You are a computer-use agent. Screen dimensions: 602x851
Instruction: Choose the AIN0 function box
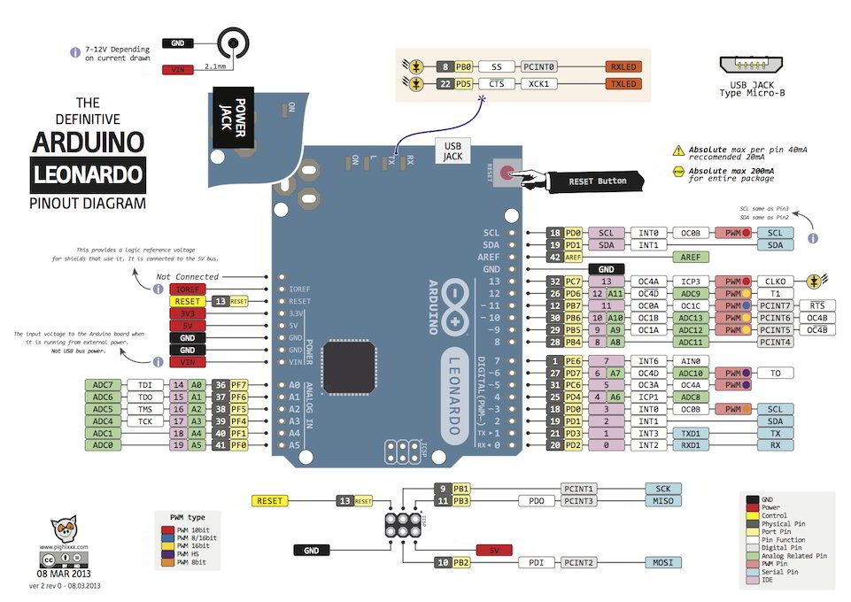[x=687, y=361]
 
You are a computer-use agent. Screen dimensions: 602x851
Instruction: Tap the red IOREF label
[x=187, y=289]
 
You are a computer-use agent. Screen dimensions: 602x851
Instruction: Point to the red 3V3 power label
[x=187, y=313]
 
